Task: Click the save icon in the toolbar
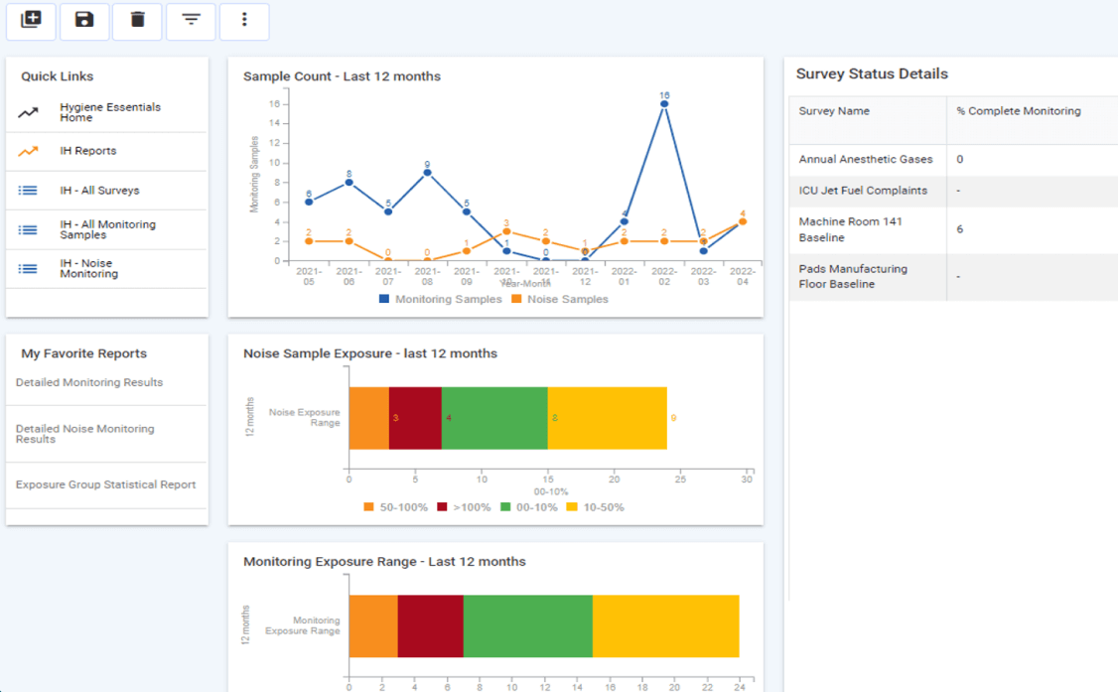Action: [x=84, y=20]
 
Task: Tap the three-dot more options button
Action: [x=244, y=20]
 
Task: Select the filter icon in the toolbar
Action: [x=191, y=20]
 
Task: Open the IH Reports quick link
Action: [x=87, y=151]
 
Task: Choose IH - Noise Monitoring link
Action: [x=87, y=268]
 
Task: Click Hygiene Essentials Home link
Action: [x=109, y=112]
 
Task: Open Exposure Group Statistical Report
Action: [x=105, y=484]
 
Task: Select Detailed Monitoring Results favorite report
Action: [x=89, y=382]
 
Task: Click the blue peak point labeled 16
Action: [x=664, y=104]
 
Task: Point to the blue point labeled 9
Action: [x=427, y=173]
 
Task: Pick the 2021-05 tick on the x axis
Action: [x=309, y=275]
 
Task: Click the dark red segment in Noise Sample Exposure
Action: [x=415, y=418]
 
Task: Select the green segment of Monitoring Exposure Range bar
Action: [x=527, y=625]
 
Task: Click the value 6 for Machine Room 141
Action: [x=960, y=229]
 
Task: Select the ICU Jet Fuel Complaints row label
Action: [x=863, y=191]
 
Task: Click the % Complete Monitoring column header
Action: [x=1019, y=111]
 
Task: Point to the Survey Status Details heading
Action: [x=872, y=73]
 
